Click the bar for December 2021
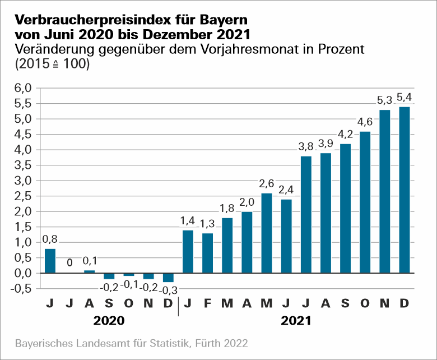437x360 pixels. click(404, 190)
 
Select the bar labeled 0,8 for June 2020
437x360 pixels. click(50, 261)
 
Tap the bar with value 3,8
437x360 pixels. click(306, 214)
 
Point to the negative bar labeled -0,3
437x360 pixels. click(168, 278)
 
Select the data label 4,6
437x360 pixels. click(365, 122)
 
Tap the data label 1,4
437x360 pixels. click(188, 221)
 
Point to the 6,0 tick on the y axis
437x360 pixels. click(25, 88)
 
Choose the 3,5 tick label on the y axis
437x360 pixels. click(25, 165)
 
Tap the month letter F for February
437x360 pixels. click(207, 303)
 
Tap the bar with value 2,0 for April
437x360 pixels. click(247, 242)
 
